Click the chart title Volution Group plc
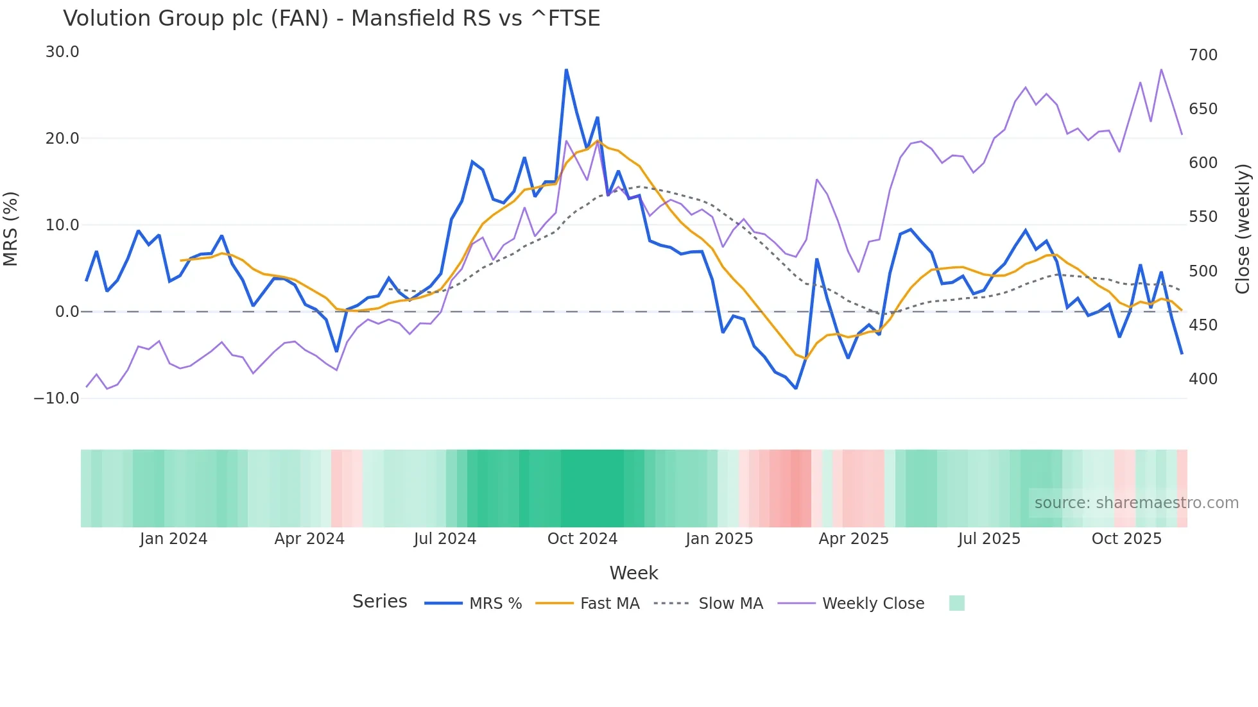tap(331, 19)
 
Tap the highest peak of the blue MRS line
tap(566, 70)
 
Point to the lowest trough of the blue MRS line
tap(796, 388)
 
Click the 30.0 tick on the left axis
tap(62, 52)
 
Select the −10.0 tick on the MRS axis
tap(57, 398)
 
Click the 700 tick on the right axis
tap(1203, 55)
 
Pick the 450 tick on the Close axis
tap(1203, 325)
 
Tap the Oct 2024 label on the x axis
tap(582, 539)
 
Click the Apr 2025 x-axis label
tap(854, 539)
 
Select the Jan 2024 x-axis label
tap(173, 539)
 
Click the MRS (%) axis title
tap(11, 228)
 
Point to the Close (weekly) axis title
tap(1243, 228)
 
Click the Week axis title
tap(633, 573)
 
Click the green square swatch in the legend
tap(956, 603)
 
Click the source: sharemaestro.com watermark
tap(1136, 503)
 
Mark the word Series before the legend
tap(379, 602)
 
